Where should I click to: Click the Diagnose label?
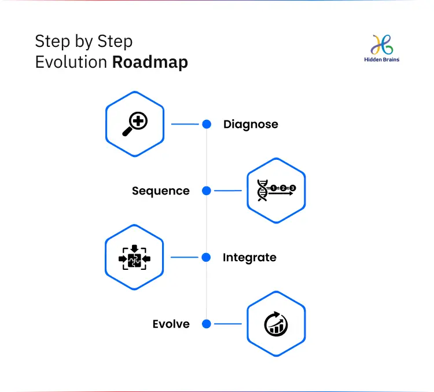coord(251,124)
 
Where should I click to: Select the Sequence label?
coord(161,191)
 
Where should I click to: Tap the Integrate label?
coord(249,257)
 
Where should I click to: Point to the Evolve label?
coord(171,324)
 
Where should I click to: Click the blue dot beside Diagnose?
coord(207,124)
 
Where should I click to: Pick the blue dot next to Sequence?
coord(207,190)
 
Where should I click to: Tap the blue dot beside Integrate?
coord(206,257)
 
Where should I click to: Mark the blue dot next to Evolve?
coord(207,324)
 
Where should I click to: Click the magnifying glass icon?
coord(135,124)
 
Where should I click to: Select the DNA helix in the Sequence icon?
coord(262,190)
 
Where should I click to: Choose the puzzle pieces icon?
coord(134,257)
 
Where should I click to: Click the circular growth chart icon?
coord(276,324)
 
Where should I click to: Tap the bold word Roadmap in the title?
coord(150,63)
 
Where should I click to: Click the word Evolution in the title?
coord(71,62)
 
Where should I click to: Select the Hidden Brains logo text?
coord(382,60)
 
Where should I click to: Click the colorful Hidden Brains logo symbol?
coord(382,45)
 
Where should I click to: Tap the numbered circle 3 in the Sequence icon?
coord(293,188)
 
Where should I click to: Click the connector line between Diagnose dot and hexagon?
coord(185,124)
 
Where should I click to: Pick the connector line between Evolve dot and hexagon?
coord(228,324)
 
